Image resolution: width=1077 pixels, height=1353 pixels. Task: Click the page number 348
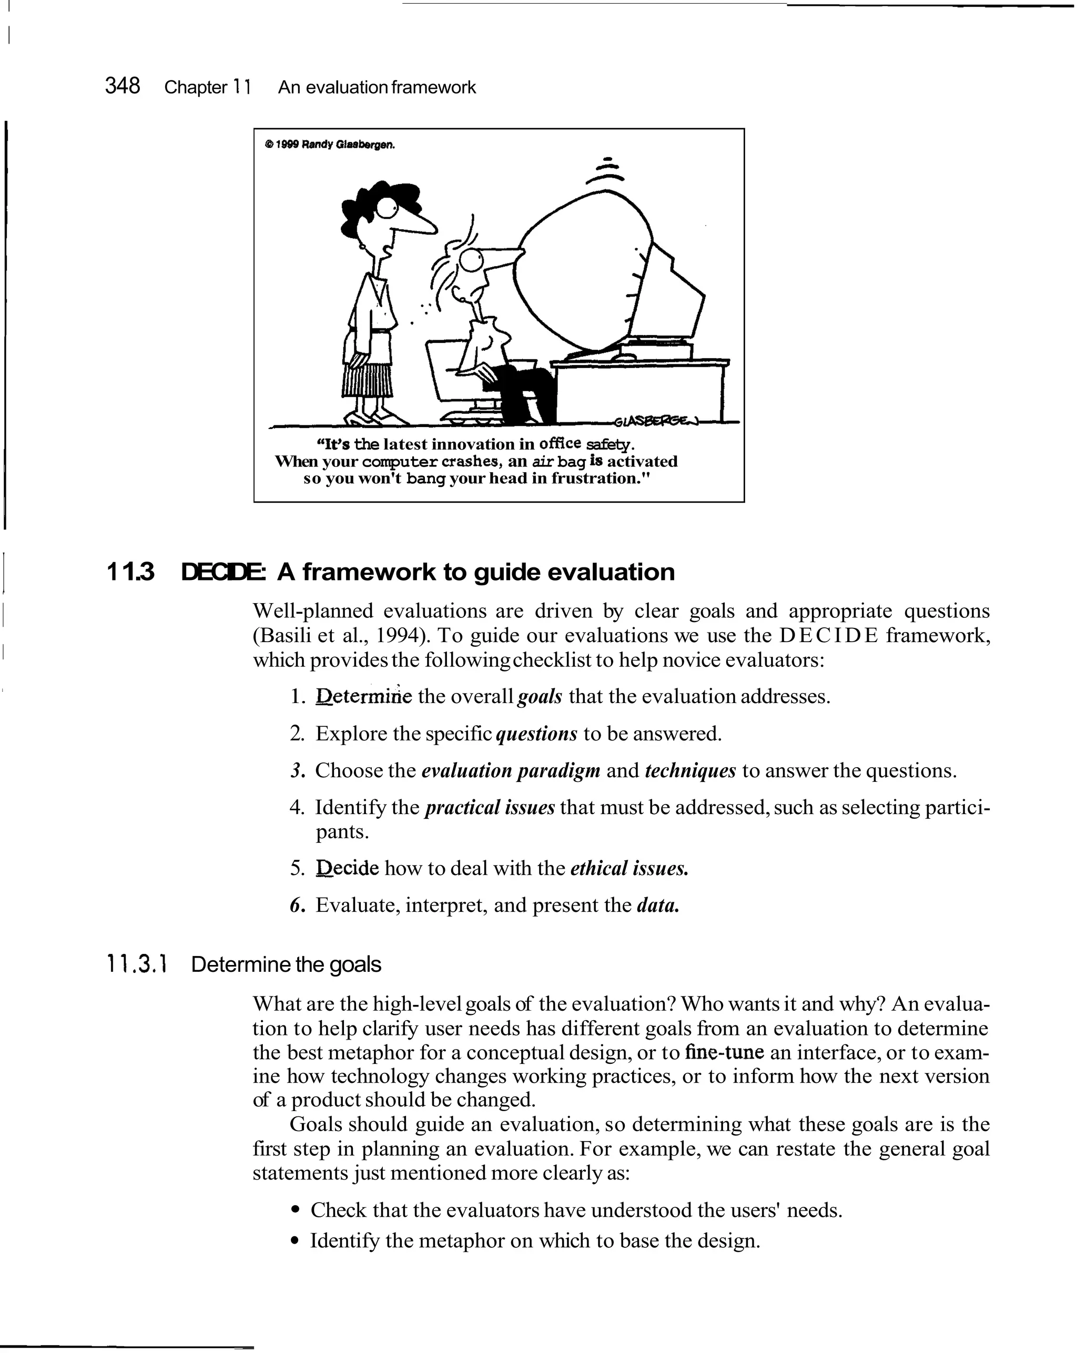[123, 85]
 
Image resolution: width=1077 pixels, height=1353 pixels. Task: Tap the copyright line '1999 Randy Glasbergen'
[331, 145]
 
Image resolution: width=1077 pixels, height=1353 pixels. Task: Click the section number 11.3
[130, 572]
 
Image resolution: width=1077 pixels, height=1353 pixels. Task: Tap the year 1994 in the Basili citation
[398, 635]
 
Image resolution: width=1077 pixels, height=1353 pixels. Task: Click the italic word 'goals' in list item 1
[539, 697]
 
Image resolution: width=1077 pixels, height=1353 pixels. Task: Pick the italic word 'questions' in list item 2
[536, 734]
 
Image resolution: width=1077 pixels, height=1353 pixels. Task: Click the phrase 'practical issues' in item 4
[490, 807]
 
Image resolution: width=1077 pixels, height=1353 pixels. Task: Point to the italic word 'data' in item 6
[657, 905]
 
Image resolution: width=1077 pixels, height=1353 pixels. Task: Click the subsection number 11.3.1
[136, 964]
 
